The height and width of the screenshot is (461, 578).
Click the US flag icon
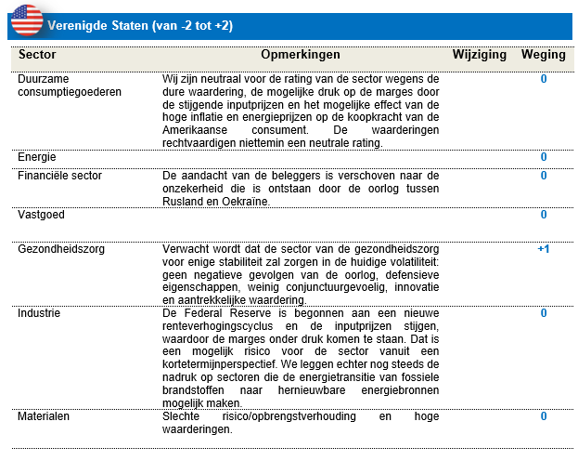pyautogui.click(x=27, y=20)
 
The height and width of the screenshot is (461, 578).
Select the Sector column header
pyautogui.click(x=38, y=55)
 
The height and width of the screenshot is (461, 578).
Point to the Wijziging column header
pyautogui.click(x=479, y=55)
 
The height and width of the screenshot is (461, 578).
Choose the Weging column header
pyautogui.click(x=543, y=55)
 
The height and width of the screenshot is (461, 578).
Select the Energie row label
pyautogui.click(x=37, y=156)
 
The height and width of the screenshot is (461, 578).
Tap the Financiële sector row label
pyautogui.click(x=59, y=175)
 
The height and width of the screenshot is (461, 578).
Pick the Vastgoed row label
pyautogui.click(x=40, y=215)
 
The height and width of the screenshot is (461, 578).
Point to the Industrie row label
pyautogui.click(x=39, y=313)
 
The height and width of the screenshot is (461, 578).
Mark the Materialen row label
pyautogui.click(x=45, y=416)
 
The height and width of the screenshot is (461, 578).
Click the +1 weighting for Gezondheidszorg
pyautogui.click(x=543, y=250)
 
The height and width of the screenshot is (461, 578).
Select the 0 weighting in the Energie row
pyautogui.click(x=544, y=156)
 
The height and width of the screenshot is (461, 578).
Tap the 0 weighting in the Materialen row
pyautogui.click(x=544, y=416)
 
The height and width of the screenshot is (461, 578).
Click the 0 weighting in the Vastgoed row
pyautogui.click(x=544, y=215)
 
